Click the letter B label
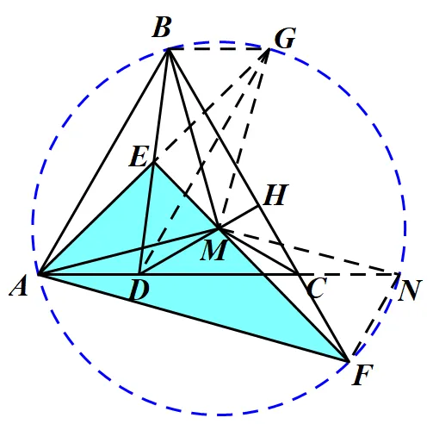tap(162, 28)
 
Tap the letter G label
tap(285, 38)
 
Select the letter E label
tap(139, 157)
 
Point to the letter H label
tap(275, 195)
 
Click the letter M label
tap(214, 250)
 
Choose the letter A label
tap(19, 286)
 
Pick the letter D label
tap(139, 290)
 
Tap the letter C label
tap(317, 288)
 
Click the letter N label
tap(410, 290)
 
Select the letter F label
tap(362, 375)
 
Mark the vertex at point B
tap(168, 50)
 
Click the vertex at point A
tap(39, 274)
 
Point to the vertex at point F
tap(348, 361)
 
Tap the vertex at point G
tap(269, 49)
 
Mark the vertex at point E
tap(153, 163)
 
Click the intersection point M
tap(219, 228)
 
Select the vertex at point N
tap(399, 275)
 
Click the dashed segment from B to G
tap(219, 49)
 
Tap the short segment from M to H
tap(238, 217)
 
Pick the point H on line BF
tap(259, 206)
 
